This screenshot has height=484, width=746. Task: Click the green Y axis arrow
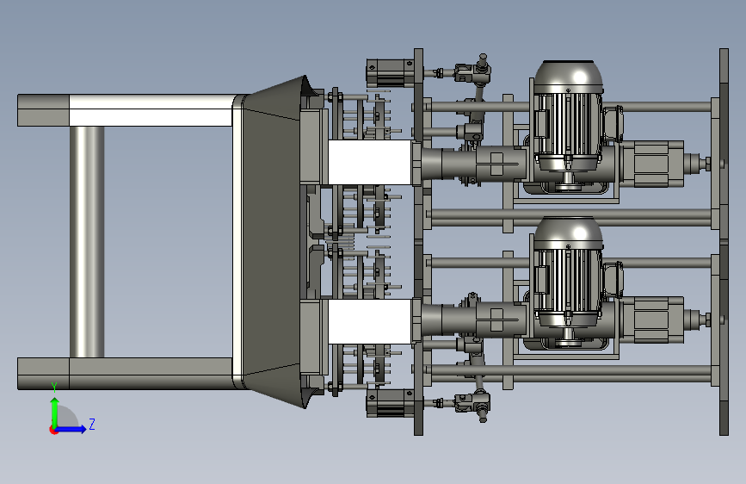click(x=55, y=413)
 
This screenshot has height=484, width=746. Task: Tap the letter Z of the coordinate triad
click(x=92, y=424)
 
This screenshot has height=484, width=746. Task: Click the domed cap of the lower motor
click(x=568, y=233)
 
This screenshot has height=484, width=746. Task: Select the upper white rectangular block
click(x=370, y=162)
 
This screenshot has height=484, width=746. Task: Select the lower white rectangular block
click(x=370, y=321)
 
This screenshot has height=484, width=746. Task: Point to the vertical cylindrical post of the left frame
click(x=87, y=241)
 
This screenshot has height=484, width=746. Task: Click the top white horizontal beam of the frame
click(x=151, y=110)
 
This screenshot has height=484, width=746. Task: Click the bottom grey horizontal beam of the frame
click(x=126, y=374)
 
